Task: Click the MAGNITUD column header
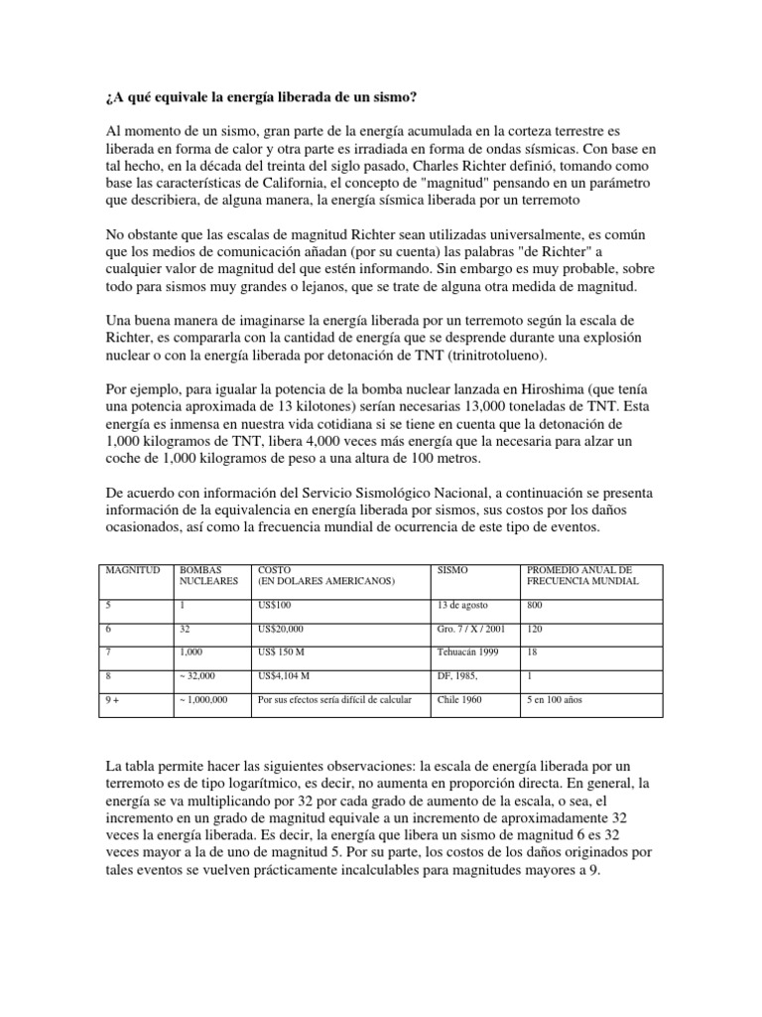pos(131,570)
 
